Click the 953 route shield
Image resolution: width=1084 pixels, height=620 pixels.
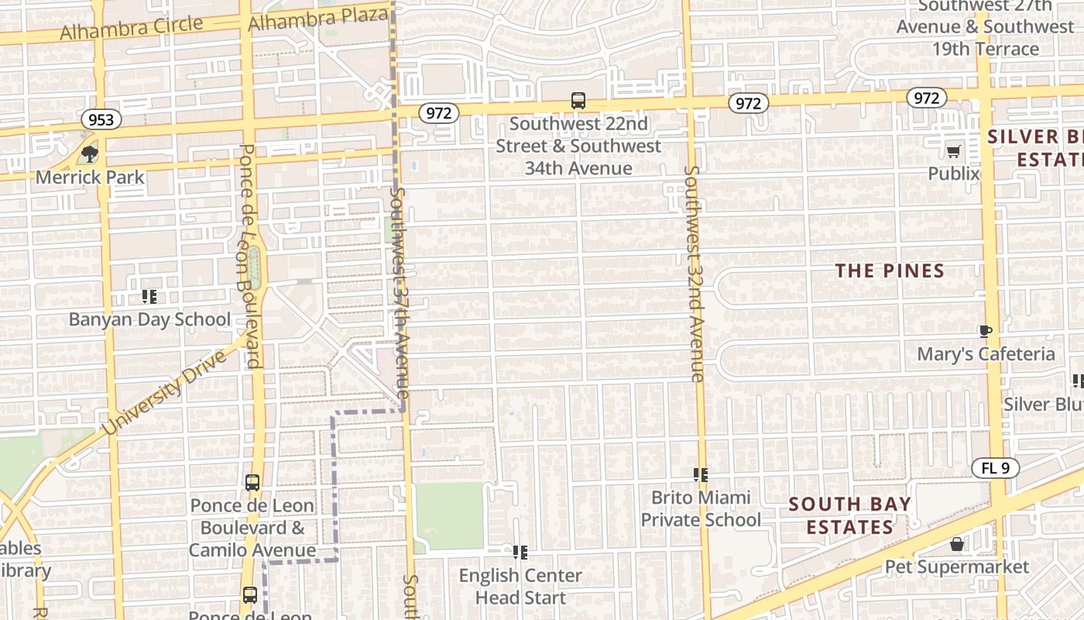(101, 119)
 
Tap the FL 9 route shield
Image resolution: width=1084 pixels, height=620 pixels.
(995, 468)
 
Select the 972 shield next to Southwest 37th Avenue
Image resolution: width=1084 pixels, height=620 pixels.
(438, 113)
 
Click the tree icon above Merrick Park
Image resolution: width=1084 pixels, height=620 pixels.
(90, 153)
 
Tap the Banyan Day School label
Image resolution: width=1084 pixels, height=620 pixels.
(149, 319)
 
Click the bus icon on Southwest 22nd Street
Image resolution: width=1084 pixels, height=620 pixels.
(578, 101)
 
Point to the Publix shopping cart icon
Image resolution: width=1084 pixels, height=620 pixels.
(953, 151)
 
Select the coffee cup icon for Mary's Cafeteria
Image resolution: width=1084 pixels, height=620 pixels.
(985, 332)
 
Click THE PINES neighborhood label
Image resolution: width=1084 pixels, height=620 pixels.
(890, 270)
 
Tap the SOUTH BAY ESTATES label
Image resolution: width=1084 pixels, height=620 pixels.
(849, 515)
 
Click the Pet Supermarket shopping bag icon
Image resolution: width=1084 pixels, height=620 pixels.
(957, 545)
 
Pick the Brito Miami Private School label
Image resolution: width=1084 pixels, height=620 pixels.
(701, 508)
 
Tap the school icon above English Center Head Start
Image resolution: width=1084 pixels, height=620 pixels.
(520, 553)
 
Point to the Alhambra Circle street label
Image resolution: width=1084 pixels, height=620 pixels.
(132, 28)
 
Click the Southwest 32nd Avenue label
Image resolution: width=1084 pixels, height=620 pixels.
(695, 273)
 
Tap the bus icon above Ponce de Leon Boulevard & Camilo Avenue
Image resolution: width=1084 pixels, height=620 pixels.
(252, 483)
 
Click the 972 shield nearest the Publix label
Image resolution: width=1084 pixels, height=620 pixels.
(926, 98)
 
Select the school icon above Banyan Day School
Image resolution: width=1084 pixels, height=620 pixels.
(149, 296)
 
